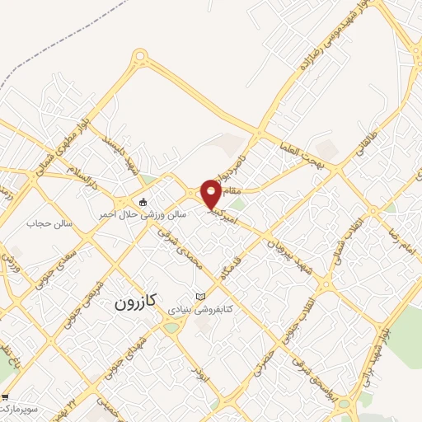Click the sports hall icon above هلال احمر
pos(143,202)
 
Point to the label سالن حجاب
pos(50,223)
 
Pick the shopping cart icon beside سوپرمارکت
pos(5,397)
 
